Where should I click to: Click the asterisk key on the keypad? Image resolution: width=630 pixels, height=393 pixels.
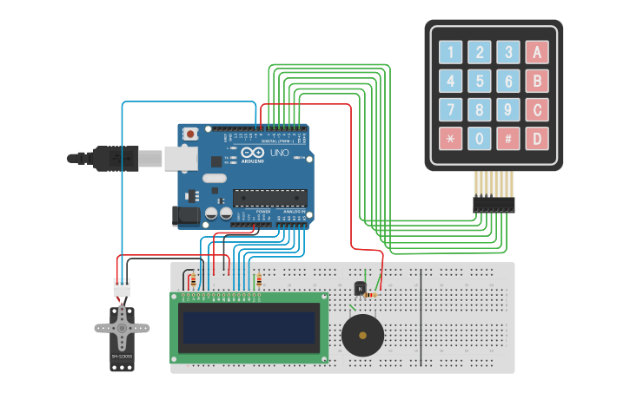[x=450, y=138]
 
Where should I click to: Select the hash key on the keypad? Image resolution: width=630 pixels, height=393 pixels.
[x=508, y=138]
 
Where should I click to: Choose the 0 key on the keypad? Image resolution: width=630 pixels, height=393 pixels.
[x=479, y=138]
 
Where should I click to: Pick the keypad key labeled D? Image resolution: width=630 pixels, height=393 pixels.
[x=537, y=138]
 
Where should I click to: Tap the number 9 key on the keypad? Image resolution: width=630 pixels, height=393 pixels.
[x=508, y=110]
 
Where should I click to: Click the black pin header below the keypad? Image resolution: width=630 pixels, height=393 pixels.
[x=494, y=205]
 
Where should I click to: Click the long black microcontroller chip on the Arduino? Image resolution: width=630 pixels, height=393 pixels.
[x=269, y=198]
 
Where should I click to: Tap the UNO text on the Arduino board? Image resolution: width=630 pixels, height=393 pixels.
[x=279, y=153]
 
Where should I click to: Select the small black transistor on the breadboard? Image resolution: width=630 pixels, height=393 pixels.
[x=360, y=288]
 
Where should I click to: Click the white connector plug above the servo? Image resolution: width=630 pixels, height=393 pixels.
[x=122, y=286]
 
